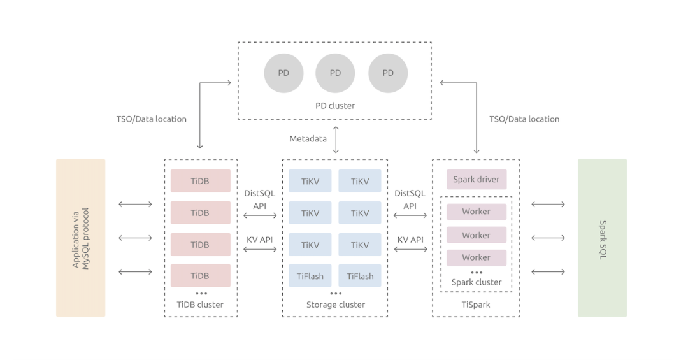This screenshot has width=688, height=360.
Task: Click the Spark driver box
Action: click(477, 180)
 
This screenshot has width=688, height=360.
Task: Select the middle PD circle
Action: click(335, 73)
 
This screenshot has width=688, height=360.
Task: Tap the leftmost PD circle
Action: click(283, 73)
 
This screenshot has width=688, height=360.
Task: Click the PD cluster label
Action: click(335, 106)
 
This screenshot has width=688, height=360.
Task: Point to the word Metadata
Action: click(308, 138)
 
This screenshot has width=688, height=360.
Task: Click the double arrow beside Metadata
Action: click(336, 139)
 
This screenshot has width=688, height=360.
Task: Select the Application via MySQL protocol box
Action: click(80, 238)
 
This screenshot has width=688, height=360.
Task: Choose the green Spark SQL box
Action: click(602, 238)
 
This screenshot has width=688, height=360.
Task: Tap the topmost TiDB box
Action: click(200, 181)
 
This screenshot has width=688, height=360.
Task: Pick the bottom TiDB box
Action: click(200, 276)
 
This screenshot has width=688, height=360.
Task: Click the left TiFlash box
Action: click(310, 276)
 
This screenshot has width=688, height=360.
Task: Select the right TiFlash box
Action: click(360, 276)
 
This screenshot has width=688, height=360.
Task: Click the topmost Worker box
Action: click(477, 212)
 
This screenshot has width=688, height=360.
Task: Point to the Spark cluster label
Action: click(477, 282)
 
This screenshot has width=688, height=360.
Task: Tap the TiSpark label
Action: click(476, 305)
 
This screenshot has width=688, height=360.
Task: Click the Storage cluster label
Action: click(336, 305)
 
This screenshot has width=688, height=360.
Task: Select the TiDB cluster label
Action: click(200, 305)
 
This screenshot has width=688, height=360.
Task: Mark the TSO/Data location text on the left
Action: click(152, 119)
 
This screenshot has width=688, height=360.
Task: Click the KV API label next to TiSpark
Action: click(410, 240)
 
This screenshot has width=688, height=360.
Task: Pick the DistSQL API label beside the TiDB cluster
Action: click(260, 199)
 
